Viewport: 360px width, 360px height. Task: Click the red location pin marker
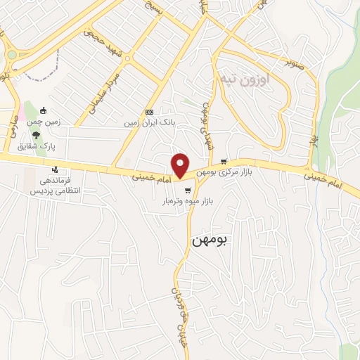[x=180, y=165]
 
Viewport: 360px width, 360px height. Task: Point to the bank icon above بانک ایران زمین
[x=149, y=112]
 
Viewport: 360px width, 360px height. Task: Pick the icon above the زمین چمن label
[x=44, y=110]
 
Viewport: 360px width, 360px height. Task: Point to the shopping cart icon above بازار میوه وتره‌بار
[x=187, y=191]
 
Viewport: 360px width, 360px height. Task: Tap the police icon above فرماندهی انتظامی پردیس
[x=54, y=169]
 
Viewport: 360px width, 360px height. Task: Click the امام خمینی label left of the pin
[x=149, y=177]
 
